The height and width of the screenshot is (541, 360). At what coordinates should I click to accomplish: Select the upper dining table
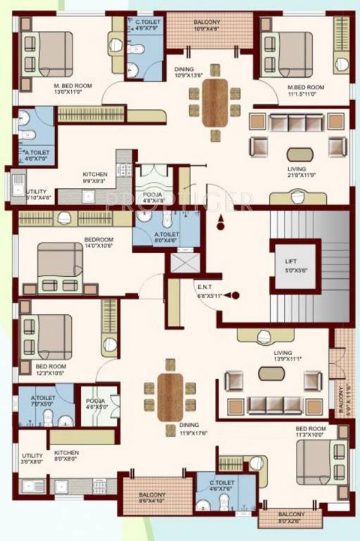tap(215, 103)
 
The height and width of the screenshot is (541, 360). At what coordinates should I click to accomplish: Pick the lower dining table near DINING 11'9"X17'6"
tap(170, 397)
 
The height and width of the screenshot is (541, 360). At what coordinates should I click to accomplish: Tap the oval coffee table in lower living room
tap(270, 373)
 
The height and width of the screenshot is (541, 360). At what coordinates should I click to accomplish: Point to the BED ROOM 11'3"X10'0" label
tap(310, 432)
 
